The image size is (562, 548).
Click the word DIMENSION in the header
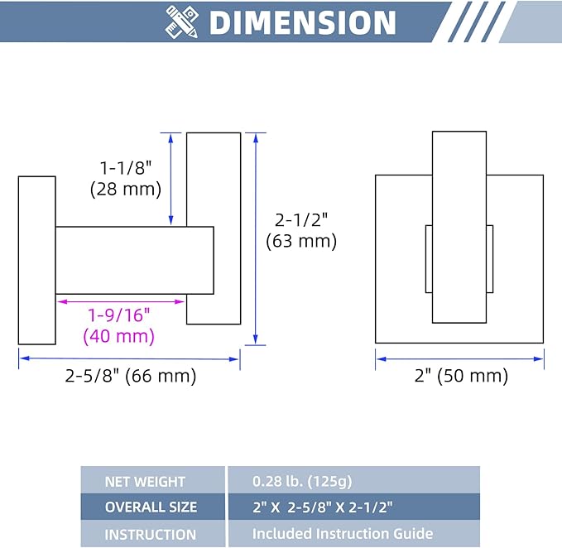[x=302, y=22]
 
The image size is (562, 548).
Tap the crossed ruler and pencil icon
[x=182, y=22]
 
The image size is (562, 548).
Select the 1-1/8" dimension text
[x=126, y=168]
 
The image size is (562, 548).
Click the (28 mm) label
[x=126, y=189]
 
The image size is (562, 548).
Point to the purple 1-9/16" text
[x=119, y=315]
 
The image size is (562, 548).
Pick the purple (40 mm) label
[x=119, y=336]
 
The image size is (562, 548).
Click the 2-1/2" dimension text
[x=301, y=219]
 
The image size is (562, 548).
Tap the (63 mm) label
[x=301, y=241]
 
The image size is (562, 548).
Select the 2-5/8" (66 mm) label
[x=131, y=376]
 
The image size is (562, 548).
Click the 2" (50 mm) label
[x=461, y=376]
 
